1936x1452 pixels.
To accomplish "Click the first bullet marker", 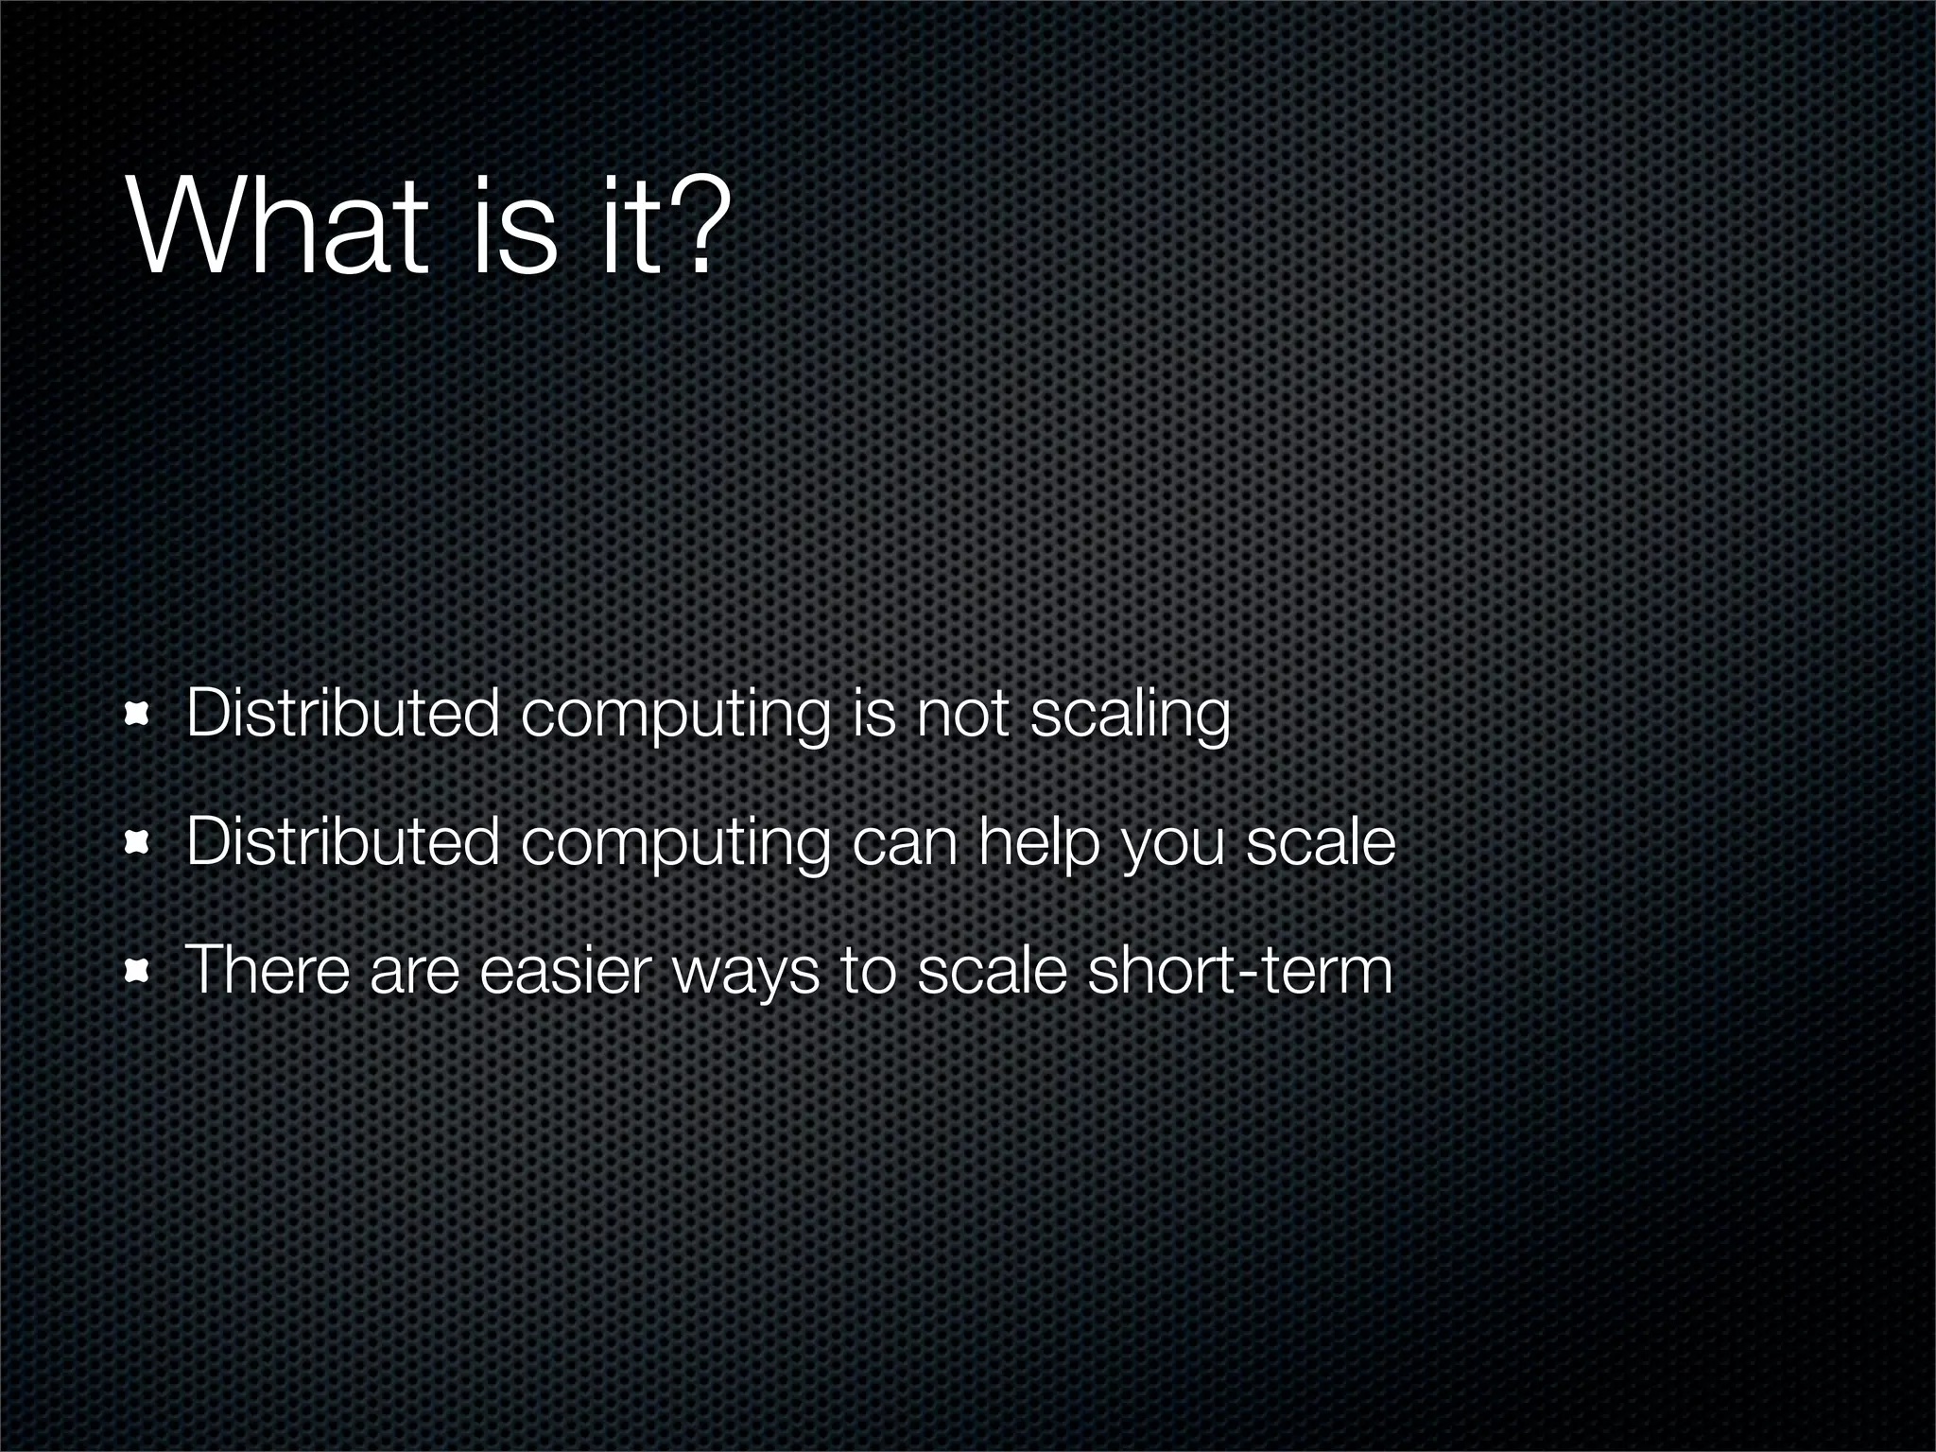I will [138, 715].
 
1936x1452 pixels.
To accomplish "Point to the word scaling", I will [1130, 717].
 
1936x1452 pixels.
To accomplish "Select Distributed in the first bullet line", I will [342, 715].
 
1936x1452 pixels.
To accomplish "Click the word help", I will [1038, 843].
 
